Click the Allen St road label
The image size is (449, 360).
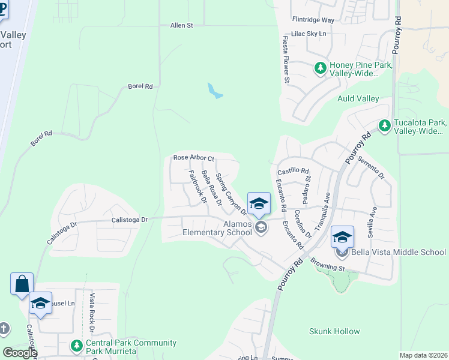pyautogui.click(x=181, y=26)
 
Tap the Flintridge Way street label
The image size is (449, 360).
pyautogui.click(x=312, y=20)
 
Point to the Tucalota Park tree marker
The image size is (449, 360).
pyautogui.click(x=384, y=126)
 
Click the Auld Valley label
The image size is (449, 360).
pyautogui.click(x=358, y=98)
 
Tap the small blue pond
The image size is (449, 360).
pyautogui.click(x=214, y=91)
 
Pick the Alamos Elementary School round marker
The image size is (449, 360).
pyautogui.click(x=261, y=227)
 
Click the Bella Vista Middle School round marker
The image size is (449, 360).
pyautogui.click(x=342, y=252)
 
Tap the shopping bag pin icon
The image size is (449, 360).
pyautogui.click(x=22, y=283)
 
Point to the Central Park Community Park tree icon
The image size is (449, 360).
pyautogui.click(x=76, y=346)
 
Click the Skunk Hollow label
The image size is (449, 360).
pyautogui.click(x=334, y=331)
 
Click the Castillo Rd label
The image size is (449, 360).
pyautogui.click(x=292, y=170)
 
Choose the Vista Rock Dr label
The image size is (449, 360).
pyautogui.click(x=92, y=313)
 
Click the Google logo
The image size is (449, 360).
pyautogui.click(x=19, y=353)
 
